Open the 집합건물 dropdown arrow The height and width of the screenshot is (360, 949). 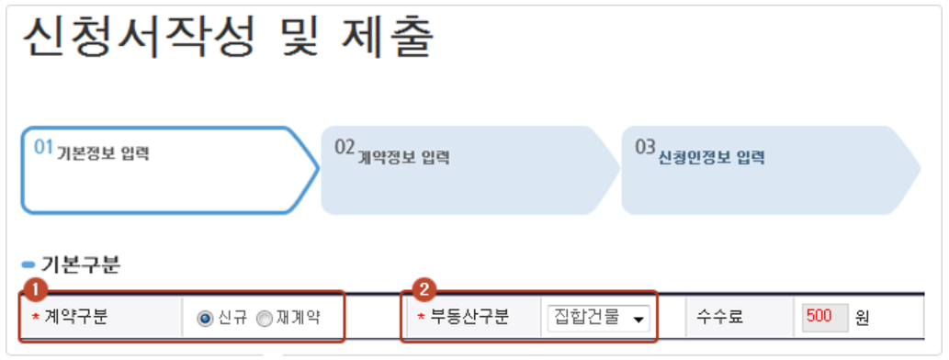636,319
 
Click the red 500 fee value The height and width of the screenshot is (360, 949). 819,318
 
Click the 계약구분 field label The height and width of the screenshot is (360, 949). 76,319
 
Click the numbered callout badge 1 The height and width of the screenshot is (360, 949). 33,289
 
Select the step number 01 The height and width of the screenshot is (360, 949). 44,147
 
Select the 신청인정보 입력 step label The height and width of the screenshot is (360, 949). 711,157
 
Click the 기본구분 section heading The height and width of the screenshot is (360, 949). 80,265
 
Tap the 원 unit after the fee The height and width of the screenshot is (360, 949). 862,319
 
